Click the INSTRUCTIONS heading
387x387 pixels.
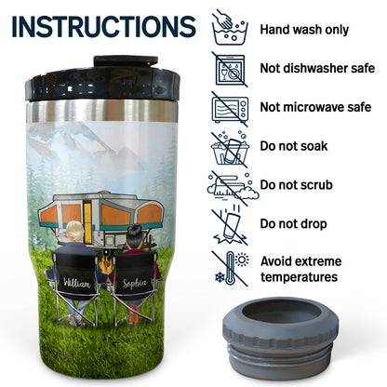pos(104,26)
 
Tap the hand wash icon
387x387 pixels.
pos(230,28)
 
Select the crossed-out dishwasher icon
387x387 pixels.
pos(230,70)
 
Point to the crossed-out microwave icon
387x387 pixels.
pos(230,109)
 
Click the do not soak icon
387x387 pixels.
pos(230,149)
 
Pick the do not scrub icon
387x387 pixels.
pos(232,188)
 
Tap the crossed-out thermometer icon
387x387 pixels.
pos(231,269)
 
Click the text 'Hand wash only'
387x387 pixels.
pos(304,30)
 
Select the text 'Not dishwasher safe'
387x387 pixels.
pos(317,68)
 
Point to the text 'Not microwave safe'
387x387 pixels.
pos(315,107)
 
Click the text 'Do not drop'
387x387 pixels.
pos(293,223)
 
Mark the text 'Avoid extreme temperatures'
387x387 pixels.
pos(300,269)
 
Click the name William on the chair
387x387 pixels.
pos(76,283)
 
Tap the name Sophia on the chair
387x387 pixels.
pos(134,283)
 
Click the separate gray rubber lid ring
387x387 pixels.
pos(281,337)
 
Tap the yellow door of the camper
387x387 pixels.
pos(88,220)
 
